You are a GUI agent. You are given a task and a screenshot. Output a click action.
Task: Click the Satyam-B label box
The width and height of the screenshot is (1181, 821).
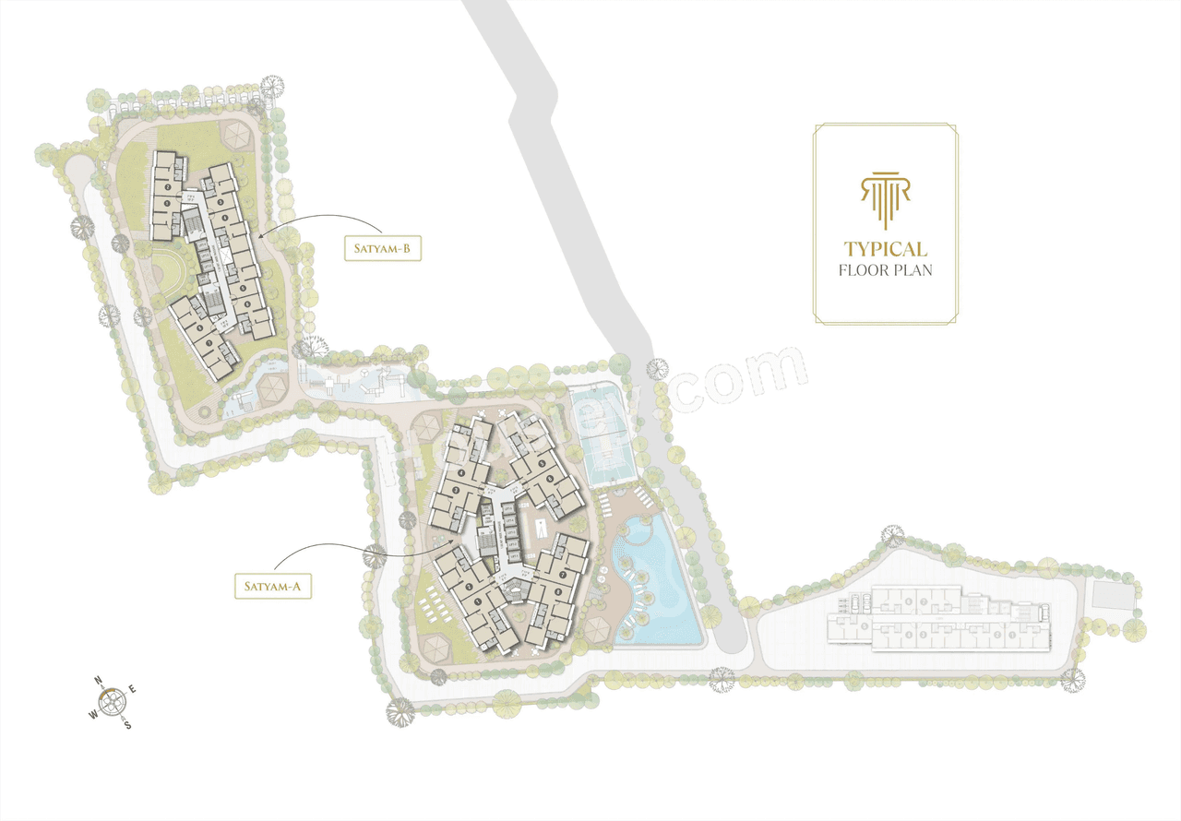coord(383,248)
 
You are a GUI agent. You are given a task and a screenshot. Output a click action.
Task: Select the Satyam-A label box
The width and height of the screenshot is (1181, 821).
coord(272,586)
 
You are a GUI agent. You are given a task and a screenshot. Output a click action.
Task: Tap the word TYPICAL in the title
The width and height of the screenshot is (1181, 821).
coord(885,249)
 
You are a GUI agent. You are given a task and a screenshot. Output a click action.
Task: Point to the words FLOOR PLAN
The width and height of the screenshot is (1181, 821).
coord(885,271)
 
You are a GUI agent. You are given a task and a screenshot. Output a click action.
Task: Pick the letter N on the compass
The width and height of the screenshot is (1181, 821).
coord(99,682)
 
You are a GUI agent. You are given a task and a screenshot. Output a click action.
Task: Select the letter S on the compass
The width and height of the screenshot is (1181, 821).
coord(127,724)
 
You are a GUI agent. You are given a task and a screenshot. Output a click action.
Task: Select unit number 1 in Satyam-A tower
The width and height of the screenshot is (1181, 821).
coord(478,601)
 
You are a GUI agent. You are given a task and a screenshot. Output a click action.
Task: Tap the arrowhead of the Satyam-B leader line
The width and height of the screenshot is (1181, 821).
coord(261,238)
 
